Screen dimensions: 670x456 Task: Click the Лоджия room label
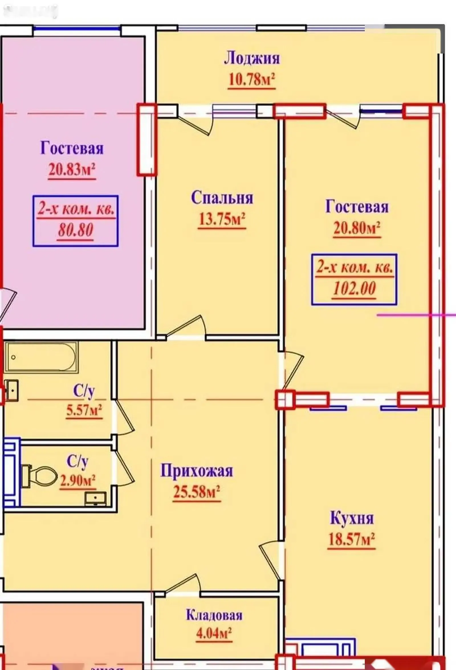[x=252, y=58]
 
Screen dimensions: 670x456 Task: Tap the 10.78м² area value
[x=251, y=79]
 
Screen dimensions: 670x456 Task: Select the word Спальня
[x=222, y=198]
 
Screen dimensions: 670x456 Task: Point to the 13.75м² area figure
[x=222, y=220]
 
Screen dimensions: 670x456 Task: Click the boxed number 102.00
[x=354, y=288]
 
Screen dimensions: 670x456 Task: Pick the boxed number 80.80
[x=76, y=230]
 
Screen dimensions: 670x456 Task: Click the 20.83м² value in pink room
[x=72, y=169]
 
